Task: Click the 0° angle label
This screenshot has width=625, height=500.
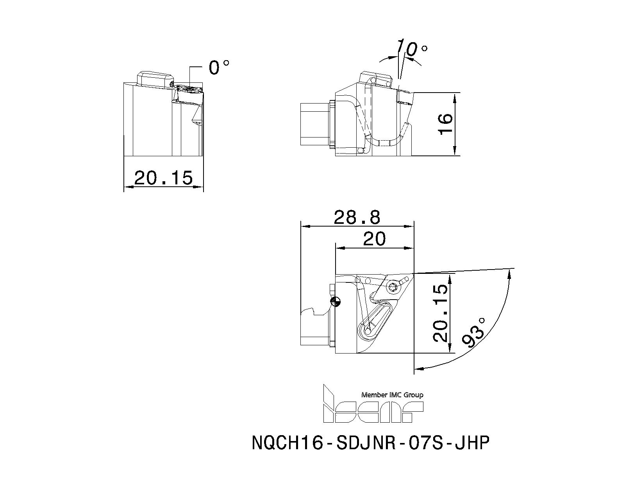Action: point(218,67)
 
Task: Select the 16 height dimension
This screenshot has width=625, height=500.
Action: point(446,123)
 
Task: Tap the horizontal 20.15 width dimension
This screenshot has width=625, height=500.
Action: point(163,178)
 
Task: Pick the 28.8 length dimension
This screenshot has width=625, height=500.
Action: point(357,218)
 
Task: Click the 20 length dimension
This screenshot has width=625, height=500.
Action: point(374,239)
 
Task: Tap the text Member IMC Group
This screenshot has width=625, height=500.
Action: point(392,395)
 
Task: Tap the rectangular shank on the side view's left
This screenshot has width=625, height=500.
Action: point(314,125)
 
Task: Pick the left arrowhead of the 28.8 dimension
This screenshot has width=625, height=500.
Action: point(304,226)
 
